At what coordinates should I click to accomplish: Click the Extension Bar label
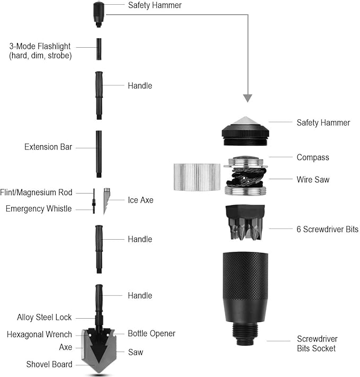click(x=48, y=147)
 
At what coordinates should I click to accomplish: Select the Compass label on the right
click(x=313, y=157)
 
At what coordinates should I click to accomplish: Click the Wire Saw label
click(x=313, y=180)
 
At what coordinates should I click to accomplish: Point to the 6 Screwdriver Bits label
click(x=327, y=230)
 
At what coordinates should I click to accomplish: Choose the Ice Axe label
click(x=140, y=200)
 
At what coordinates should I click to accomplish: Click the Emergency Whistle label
click(x=38, y=209)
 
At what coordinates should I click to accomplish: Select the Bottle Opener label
click(x=151, y=334)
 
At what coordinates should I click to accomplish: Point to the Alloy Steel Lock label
click(x=44, y=318)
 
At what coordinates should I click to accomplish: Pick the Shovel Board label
click(x=49, y=364)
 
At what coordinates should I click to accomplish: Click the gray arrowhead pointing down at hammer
click(x=247, y=98)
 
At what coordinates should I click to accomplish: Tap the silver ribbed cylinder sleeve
click(x=197, y=177)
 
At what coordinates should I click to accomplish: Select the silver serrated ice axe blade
click(x=107, y=200)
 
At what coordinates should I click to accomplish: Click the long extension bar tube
click(x=99, y=154)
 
